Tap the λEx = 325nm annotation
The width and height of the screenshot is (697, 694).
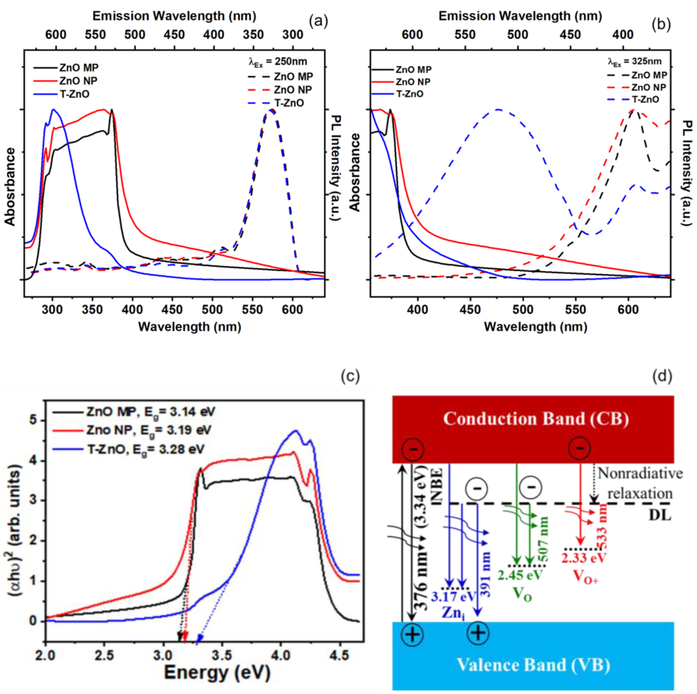[634, 61]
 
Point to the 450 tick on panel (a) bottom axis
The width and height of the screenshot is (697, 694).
[173, 309]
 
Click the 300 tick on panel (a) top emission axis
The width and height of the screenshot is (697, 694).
[293, 35]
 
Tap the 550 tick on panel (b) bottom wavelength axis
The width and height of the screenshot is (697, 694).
[575, 309]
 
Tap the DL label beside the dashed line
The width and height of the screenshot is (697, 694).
[660, 515]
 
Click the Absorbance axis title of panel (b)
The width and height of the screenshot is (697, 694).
[355, 173]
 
